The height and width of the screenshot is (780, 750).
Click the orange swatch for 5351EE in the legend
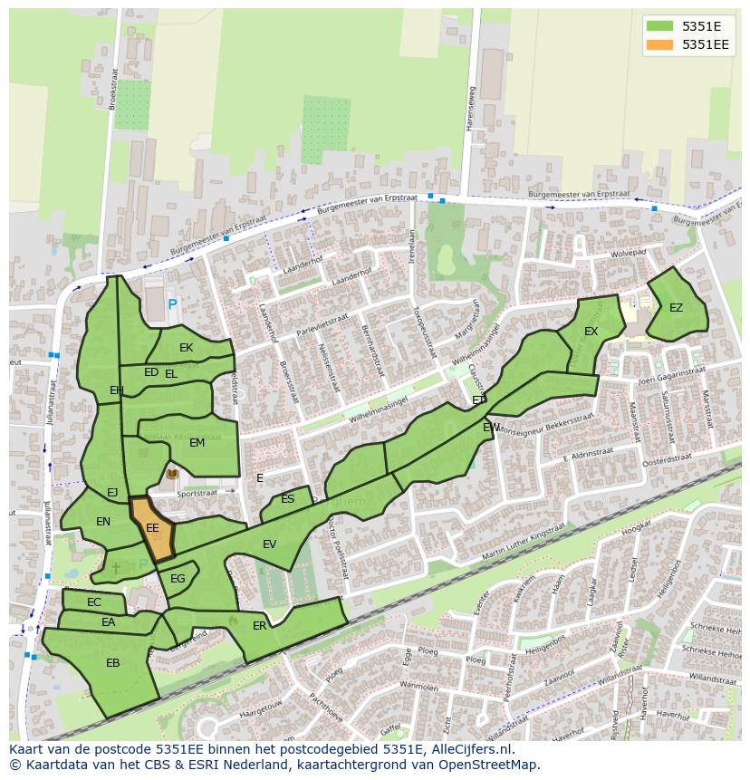[660, 43]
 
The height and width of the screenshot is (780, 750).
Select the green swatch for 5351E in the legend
[660, 25]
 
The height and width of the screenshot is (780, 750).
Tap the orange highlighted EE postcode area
[153, 528]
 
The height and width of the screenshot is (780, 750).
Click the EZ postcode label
[676, 308]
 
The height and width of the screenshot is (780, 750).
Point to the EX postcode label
[591, 332]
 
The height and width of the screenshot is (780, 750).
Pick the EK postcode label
[186, 348]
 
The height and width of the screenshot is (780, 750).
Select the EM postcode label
[197, 443]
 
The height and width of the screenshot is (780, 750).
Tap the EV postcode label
[269, 544]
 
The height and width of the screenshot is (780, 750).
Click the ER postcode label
[260, 626]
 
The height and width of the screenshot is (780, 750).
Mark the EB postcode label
[112, 663]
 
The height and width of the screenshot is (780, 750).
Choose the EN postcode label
[103, 522]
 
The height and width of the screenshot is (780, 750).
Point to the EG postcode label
[178, 579]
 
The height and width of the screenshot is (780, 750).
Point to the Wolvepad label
[628, 254]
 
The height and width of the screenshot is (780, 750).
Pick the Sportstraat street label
[199, 495]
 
